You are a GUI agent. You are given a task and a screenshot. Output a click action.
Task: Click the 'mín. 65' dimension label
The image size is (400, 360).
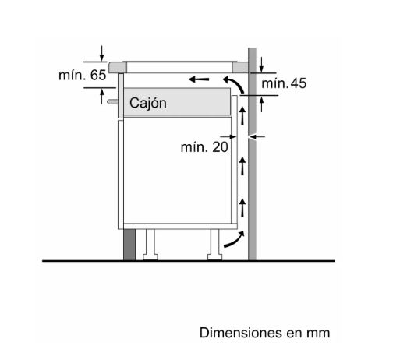tap(83, 76)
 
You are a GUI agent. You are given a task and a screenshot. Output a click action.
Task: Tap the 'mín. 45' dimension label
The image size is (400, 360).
tap(284, 83)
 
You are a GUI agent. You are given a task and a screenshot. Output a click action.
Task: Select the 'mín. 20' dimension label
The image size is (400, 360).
tap(204, 147)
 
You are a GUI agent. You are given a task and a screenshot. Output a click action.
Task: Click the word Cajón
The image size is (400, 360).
tap(148, 103)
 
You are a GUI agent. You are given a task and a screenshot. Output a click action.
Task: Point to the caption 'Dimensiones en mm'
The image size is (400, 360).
tap(264, 333)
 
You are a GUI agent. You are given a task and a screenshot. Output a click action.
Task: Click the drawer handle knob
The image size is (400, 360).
tap(112, 101)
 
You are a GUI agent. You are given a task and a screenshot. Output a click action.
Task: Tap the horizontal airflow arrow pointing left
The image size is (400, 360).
tap(199, 79)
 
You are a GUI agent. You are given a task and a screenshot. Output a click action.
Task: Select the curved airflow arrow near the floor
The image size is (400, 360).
tap(234, 239)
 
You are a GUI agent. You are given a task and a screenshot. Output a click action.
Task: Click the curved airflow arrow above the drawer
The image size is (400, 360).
tap(234, 84)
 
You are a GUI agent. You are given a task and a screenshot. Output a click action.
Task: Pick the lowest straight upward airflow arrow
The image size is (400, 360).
tap(242, 207)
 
